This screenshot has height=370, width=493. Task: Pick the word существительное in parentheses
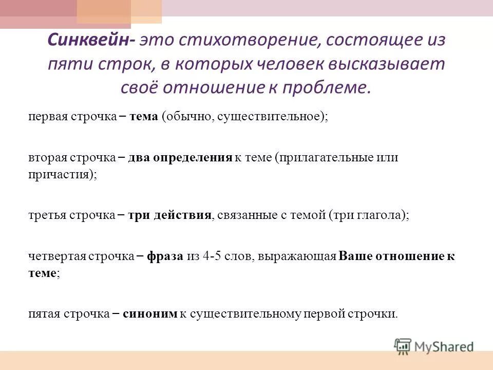point(270,117)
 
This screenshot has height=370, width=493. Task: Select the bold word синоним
point(150,314)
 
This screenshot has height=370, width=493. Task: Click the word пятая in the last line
point(44,314)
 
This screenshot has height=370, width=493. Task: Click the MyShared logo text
point(444,346)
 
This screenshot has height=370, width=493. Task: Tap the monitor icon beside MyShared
point(403,346)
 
